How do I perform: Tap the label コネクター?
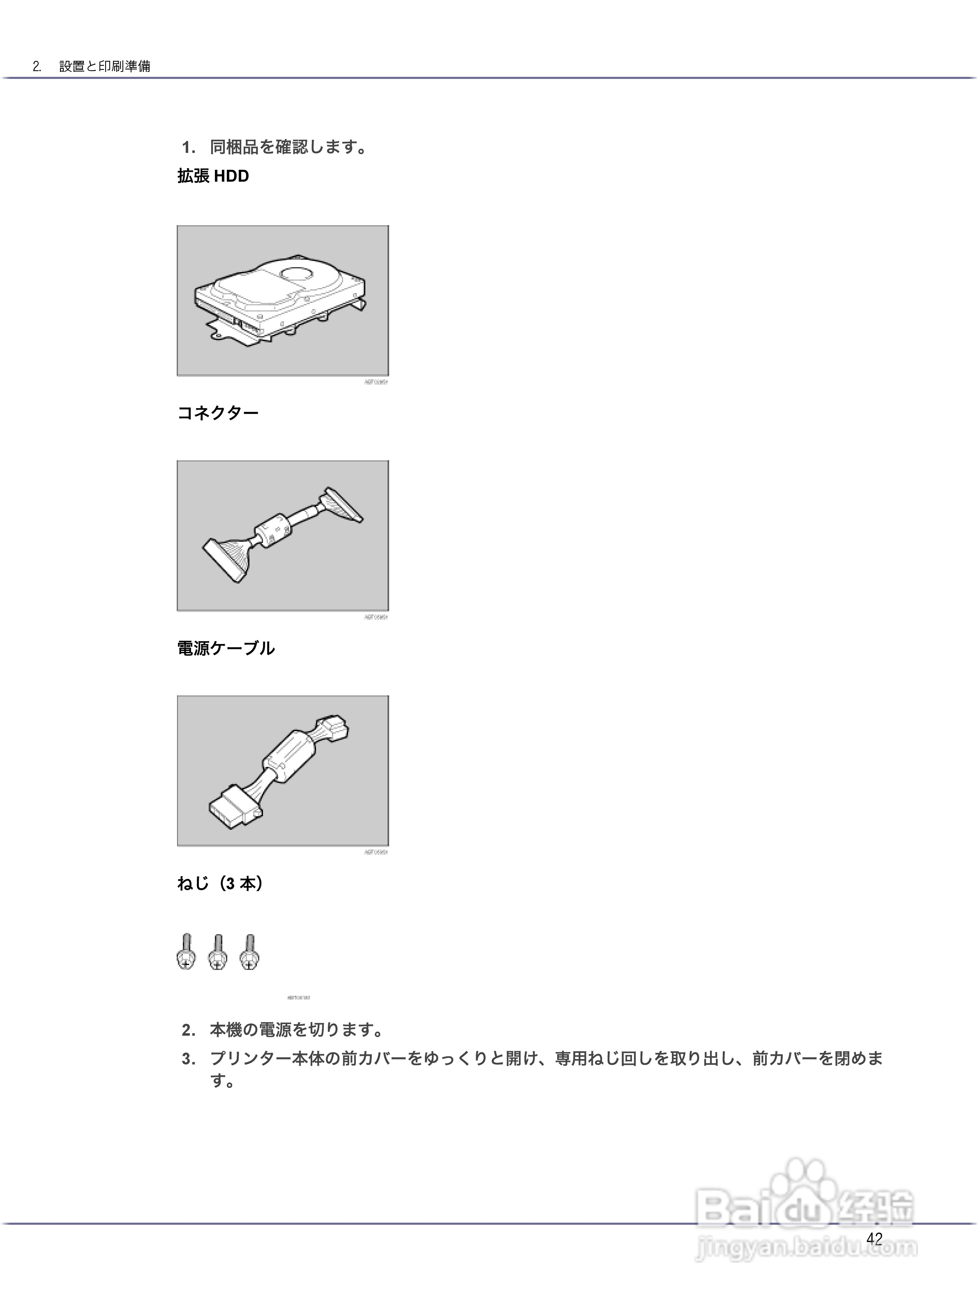[x=218, y=413]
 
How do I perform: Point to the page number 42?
[x=874, y=1239]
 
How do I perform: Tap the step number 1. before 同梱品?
[x=188, y=147]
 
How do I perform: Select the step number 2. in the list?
[x=188, y=1030]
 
